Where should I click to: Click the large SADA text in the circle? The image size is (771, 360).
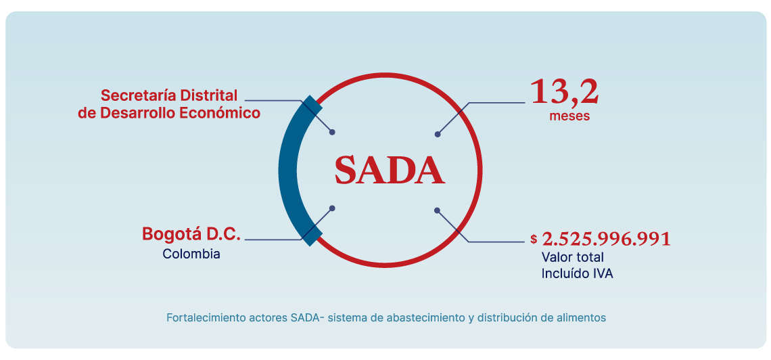coord(390,170)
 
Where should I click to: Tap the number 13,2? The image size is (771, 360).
coord(564,92)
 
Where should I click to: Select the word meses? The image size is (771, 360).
coord(569,116)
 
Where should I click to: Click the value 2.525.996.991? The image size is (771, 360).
coord(607,239)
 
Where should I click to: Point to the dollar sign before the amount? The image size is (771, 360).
coord(534,239)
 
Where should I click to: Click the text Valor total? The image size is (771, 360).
coord(572,257)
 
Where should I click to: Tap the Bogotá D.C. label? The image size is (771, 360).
coord(191,234)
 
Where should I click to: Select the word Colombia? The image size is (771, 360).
coord(191,254)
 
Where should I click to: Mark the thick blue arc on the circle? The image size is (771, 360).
coord(287,169)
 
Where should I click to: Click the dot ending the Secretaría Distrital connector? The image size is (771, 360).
coord(332,133)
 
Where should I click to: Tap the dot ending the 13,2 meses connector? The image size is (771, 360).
coord(438,134)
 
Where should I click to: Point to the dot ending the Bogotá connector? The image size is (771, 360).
coord(331,208)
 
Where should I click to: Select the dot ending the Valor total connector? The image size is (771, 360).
coord(437,210)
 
